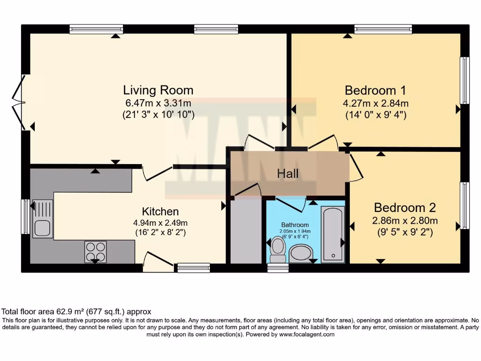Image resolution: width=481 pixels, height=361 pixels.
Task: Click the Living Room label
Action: click(158, 90)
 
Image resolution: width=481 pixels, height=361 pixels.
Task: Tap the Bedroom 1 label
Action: click(375, 90)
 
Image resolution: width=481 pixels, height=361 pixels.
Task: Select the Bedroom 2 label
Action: click(405, 208)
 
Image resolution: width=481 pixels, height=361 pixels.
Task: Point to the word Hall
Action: click(288, 174)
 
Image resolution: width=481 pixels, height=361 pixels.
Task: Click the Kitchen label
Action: click(160, 212)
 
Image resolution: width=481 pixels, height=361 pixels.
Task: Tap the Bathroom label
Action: click(295, 225)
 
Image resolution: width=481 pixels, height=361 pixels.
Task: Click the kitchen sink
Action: click(43, 219)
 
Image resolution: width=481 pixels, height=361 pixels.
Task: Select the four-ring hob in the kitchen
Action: click(95, 252)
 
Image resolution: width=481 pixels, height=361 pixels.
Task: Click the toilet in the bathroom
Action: click(278, 249)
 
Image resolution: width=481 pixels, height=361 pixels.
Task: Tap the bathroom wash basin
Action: click(301, 253)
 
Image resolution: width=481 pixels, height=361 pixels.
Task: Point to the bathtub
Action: click(333, 234)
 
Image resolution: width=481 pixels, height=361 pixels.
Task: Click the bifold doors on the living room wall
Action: click(19, 102)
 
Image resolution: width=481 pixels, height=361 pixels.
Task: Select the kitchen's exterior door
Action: click(159, 262)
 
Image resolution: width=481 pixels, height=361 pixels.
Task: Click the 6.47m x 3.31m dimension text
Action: click(158, 103)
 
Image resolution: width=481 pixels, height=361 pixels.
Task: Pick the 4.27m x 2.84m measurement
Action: click(375, 103)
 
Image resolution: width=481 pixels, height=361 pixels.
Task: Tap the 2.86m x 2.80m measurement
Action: click(405, 220)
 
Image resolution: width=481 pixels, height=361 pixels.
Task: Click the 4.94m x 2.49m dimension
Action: click(160, 223)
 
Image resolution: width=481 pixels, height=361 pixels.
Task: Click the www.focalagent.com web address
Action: click(307, 334)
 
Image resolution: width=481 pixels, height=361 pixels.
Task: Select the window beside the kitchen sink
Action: click(26, 216)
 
